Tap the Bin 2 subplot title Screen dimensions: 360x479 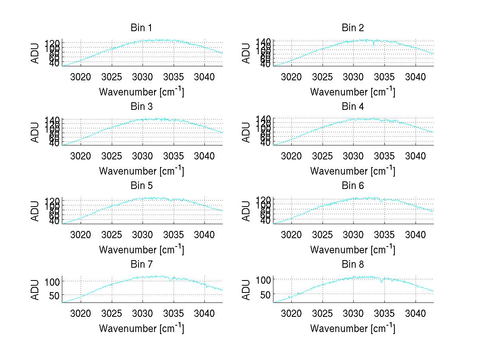352,28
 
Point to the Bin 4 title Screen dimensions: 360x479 352,107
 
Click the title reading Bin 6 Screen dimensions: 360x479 352,186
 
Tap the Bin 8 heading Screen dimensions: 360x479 352,265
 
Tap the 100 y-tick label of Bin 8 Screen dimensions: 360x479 264,279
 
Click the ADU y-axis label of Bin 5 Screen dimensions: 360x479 36,211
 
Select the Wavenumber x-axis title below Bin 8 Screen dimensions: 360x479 352,328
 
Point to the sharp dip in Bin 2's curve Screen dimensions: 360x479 374,45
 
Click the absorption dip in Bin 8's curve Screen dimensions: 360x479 381,281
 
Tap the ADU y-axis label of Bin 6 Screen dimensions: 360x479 246,211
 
